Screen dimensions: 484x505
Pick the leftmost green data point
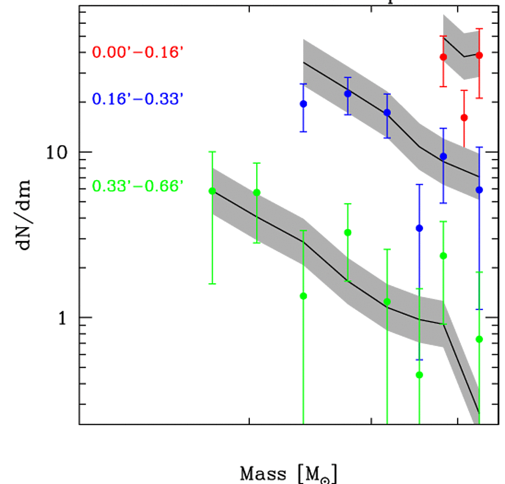pyautogui.click(x=212, y=191)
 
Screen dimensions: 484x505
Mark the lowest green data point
pyautogui.click(x=419, y=375)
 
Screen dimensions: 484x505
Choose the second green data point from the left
pyautogui.click(x=257, y=192)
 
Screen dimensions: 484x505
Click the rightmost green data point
pyautogui.click(x=479, y=339)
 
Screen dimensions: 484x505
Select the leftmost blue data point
pyautogui.click(x=304, y=104)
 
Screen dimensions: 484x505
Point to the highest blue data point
pyautogui.click(x=348, y=93)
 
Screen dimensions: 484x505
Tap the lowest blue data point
pyautogui.click(x=419, y=228)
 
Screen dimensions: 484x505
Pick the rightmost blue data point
pyautogui.click(x=479, y=190)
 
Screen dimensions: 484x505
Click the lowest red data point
pyautogui.click(x=464, y=118)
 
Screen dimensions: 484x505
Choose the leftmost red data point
pyautogui.click(x=443, y=57)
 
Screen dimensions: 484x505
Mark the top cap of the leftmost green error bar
pyautogui.click(x=212, y=152)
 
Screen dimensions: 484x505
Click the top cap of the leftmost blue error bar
pyautogui.click(x=304, y=84)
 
